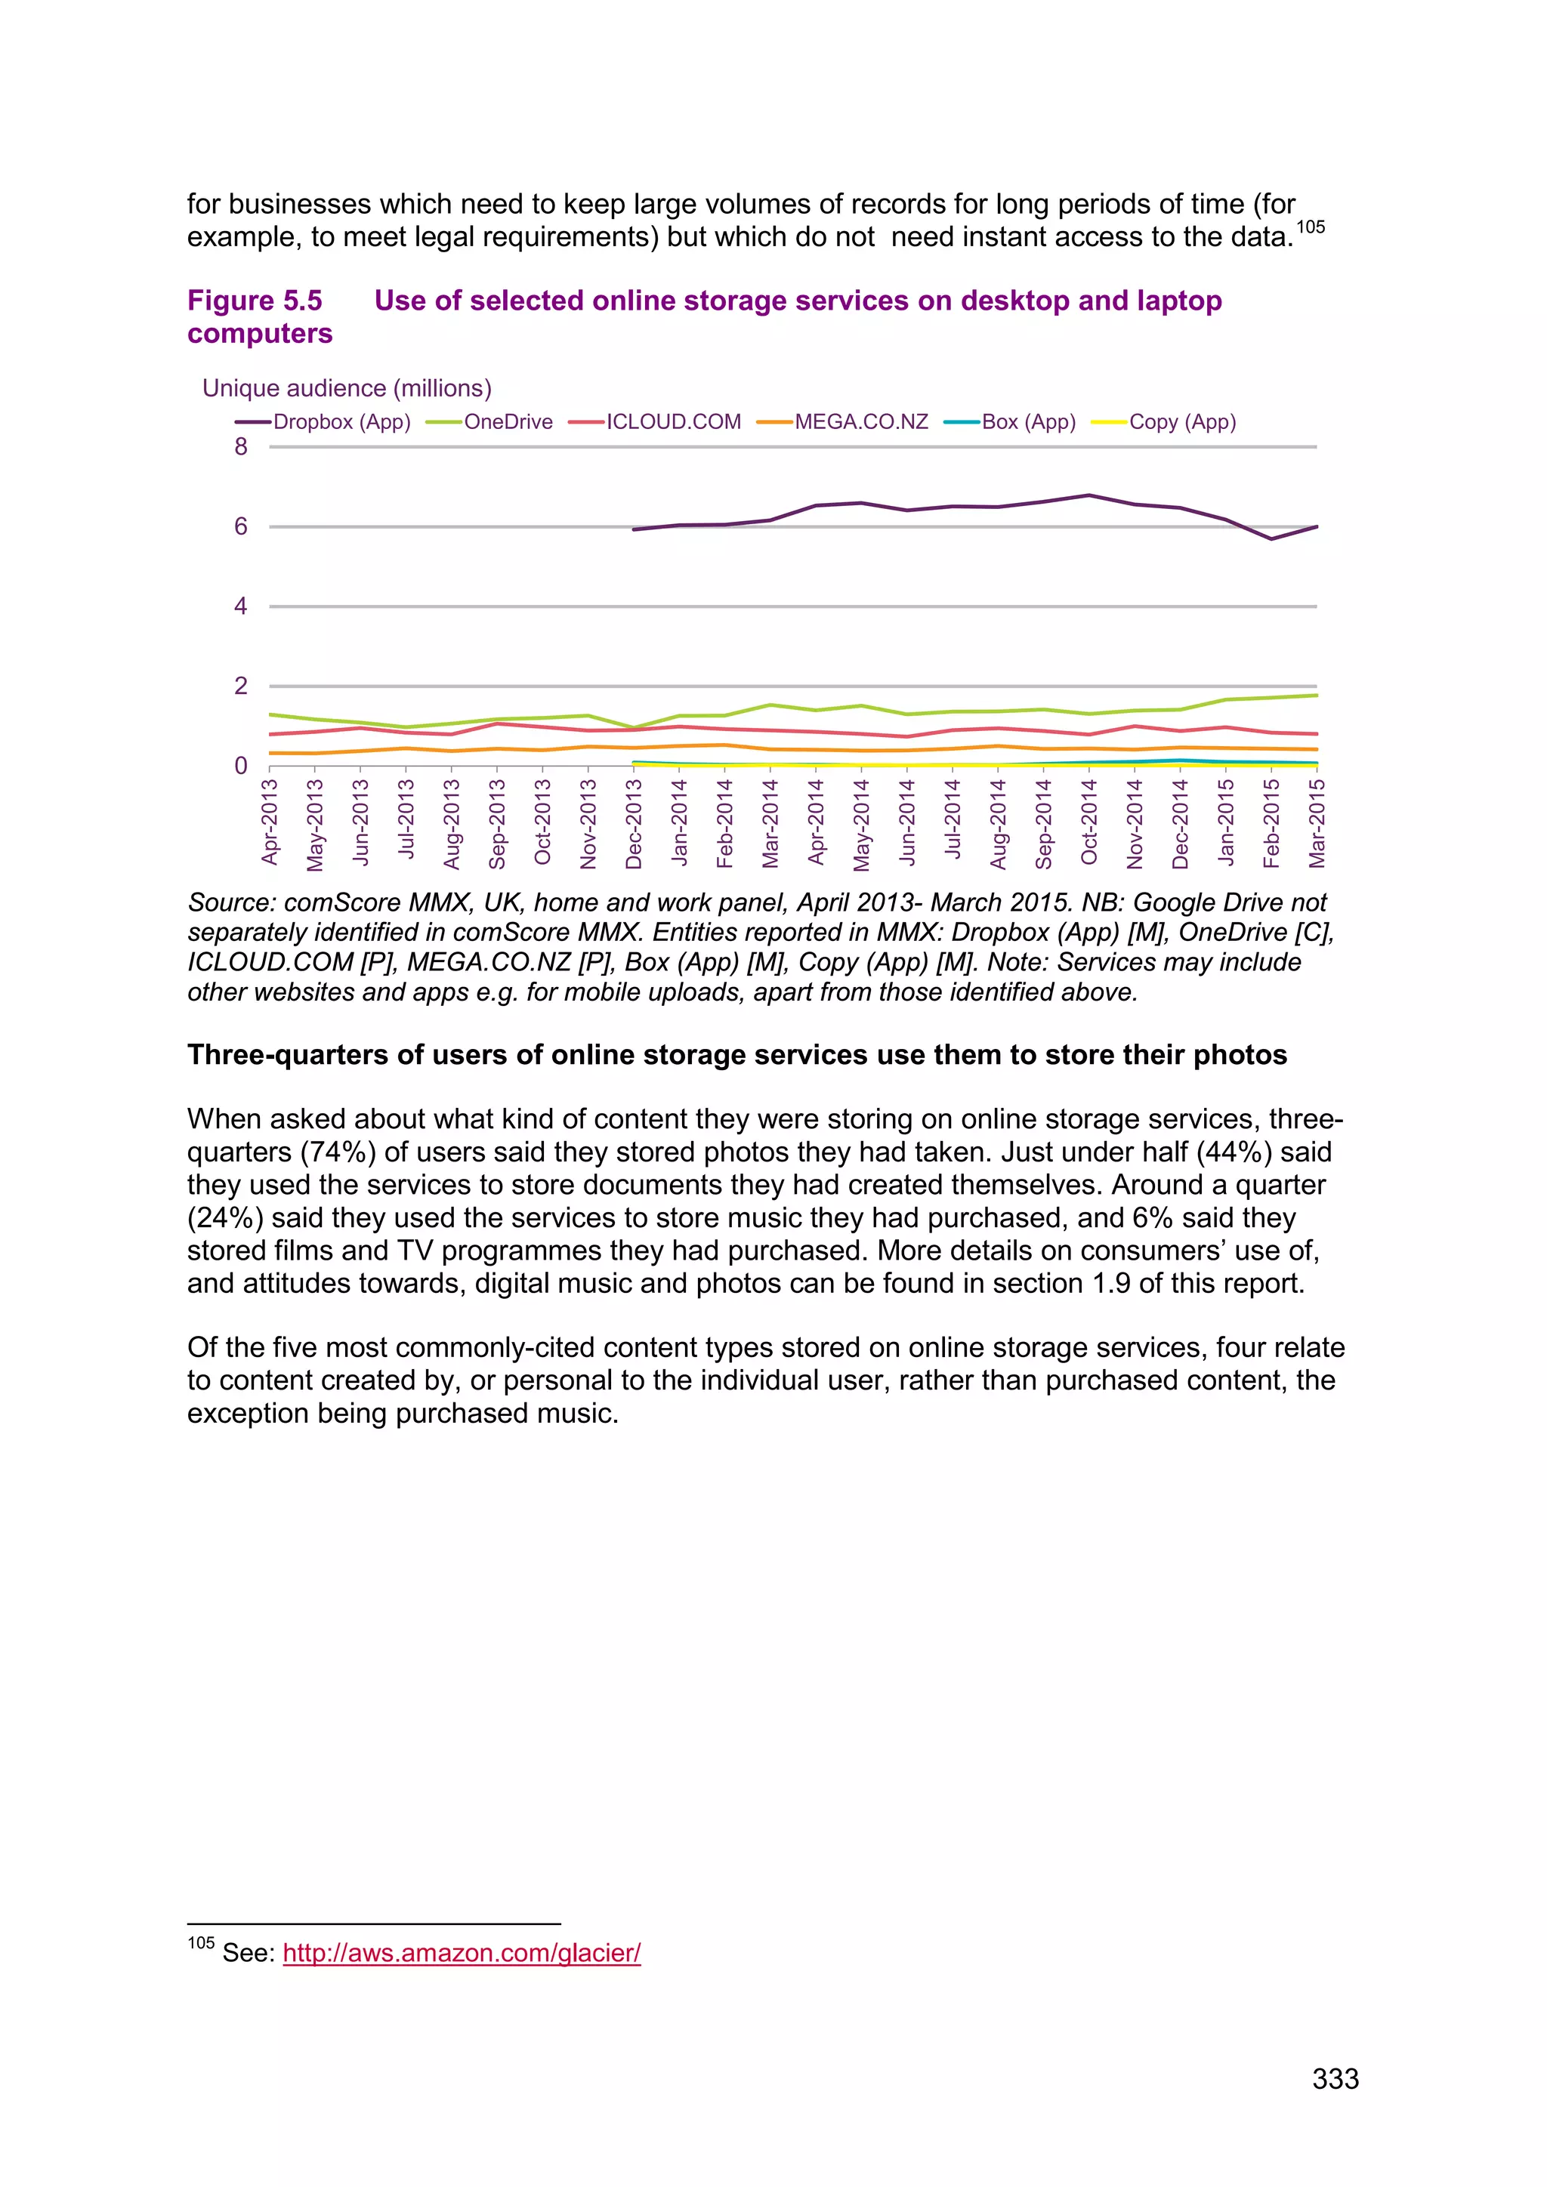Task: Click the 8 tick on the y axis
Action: (241, 447)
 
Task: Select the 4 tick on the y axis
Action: (241, 606)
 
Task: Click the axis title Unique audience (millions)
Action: (347, 389)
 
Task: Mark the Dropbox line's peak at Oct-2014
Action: (1088, 495)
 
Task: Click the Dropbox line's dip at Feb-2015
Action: (1271, 539)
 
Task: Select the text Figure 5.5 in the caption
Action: (255, 301)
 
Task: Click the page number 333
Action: (1335, 2078)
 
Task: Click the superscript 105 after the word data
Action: (1311, 227)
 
